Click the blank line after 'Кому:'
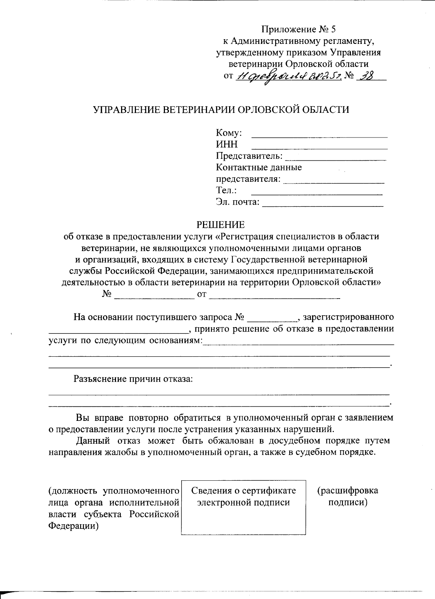point(319,136)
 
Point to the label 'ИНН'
point(227,144)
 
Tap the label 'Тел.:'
point(227,190)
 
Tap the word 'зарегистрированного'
point(348,317)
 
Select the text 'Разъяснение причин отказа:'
point(133,379)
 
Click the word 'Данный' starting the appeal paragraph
point(93,441)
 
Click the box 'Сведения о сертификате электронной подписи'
point(243,507)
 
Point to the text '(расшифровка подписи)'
point(348,497)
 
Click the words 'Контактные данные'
point(259,168)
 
